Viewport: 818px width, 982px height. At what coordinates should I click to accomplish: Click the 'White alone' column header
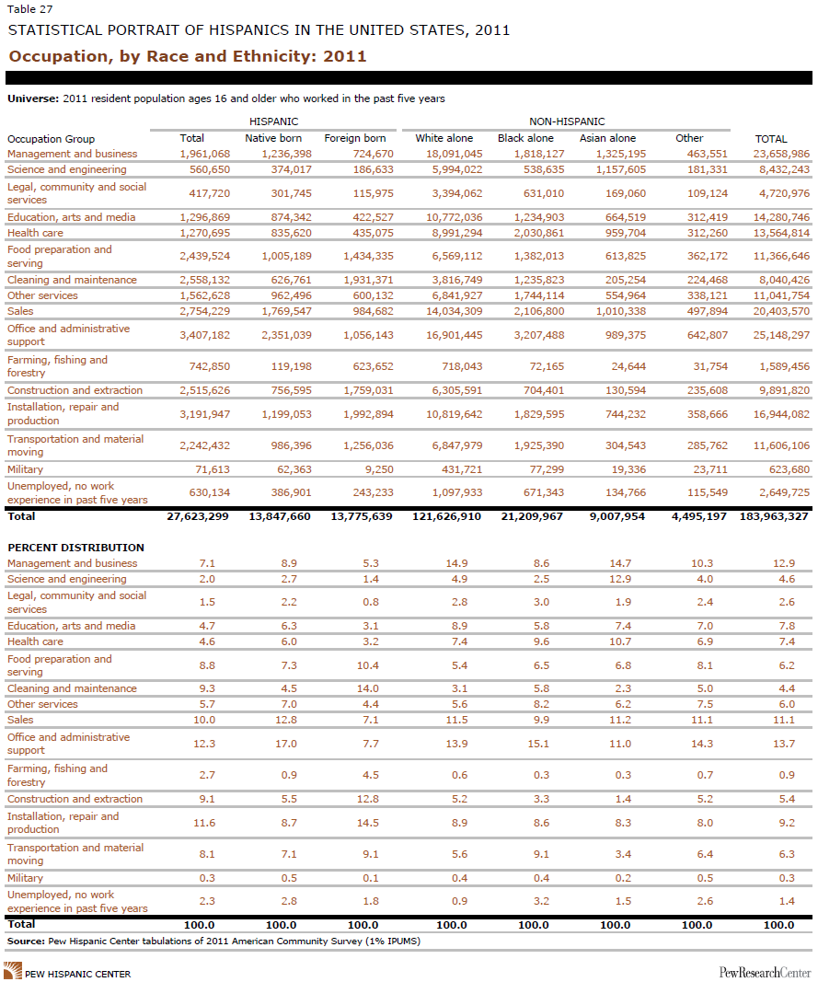pyautogui.click(x=444, y=138)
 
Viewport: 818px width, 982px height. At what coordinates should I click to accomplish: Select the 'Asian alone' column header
pyautogui.click(x=607, y=138)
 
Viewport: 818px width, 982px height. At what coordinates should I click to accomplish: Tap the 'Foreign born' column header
pyautogui.click(x=355, y=138)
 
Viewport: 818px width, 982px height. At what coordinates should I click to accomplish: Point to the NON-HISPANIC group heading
pyautogui.click(x=567, y=121)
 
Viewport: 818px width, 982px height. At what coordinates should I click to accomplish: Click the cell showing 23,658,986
pyautogui.click(x=782, y=154)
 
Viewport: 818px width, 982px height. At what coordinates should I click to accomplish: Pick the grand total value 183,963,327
pyautogui.click(x=774, y=516)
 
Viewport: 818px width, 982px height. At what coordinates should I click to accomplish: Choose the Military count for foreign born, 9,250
pyautogui.click(x=377, y=469)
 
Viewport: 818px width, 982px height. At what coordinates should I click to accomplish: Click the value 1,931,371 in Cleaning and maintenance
pyautogui.click(x=368, y=280)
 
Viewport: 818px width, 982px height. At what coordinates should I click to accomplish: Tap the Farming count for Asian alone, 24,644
pyautogui.click(x=628, y=366)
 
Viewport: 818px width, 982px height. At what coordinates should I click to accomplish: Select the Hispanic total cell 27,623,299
pyautogui.click(x=198, y=516)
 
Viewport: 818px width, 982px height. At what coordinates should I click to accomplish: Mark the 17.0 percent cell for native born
pyautogui.click(x=286, y=744)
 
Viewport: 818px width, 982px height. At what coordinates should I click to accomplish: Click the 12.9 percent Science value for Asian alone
pyautogui.click(x=620, y=579)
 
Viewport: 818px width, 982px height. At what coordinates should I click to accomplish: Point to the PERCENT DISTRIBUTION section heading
pyautogui.click(x=75, y=548)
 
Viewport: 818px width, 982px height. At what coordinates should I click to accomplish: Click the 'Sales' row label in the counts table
pyautogui.click(x=20, y=311)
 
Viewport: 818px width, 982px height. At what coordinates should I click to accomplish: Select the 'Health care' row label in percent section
pyautogui.click(x=36, y=641)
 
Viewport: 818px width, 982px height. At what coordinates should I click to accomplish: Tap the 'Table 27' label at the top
pyautogui.click(x=30, y=9)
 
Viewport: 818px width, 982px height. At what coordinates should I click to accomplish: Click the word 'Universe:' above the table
pyautogui.click(x=33, y=98)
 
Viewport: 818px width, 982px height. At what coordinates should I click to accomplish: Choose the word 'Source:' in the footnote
pyautogui.click(x=27, y=941)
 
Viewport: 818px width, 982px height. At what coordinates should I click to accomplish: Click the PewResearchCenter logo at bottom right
pyautogui.click(x=765, y=973)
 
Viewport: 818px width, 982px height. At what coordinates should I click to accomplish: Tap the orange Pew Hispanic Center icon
pyautogui.click(x=13, y=971)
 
